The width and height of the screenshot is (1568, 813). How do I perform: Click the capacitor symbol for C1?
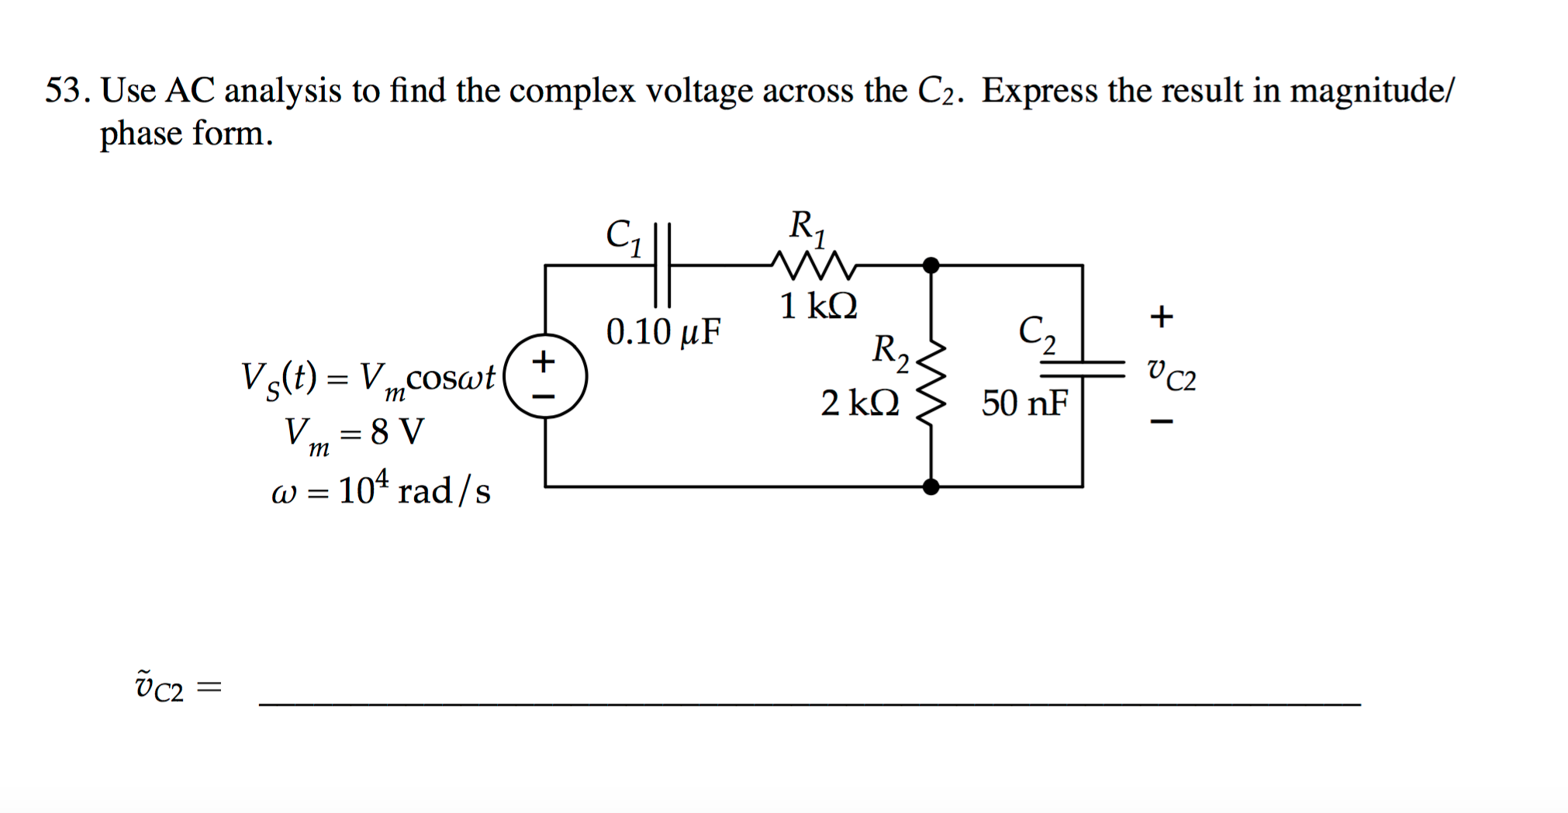661,265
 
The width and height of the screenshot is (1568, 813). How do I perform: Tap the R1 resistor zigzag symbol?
814,265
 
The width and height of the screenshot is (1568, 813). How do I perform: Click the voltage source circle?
545,376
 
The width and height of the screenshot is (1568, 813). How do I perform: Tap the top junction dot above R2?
931,265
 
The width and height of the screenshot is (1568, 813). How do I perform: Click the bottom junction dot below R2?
931,486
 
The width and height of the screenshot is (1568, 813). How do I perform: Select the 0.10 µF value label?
663,332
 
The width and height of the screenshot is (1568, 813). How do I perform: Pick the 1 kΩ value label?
818,306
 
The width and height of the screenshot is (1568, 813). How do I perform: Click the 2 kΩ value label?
860,403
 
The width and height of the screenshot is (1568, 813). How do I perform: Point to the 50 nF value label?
1024,403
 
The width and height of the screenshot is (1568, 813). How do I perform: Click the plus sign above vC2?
1161,316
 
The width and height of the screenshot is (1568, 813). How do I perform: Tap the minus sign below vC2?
1161,422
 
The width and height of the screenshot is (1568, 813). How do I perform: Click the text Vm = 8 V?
354,433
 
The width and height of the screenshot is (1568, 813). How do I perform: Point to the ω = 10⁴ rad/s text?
381,490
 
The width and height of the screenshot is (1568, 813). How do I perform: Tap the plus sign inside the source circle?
544,360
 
